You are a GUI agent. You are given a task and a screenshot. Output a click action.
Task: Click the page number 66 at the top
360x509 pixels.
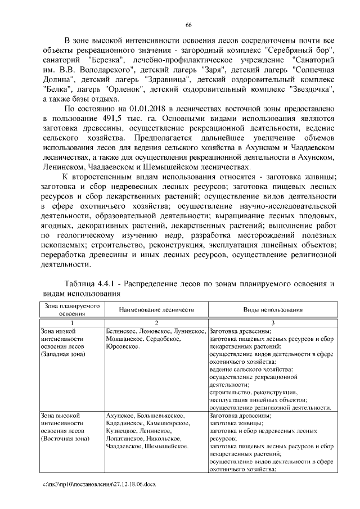tap(188, 24)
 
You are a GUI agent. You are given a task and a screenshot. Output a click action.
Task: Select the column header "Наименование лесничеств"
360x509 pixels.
tap(156, 310)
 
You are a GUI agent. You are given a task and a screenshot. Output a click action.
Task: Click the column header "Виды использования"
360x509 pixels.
tap(273, 310)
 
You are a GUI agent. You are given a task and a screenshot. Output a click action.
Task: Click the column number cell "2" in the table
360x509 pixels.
tap(156, 323)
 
